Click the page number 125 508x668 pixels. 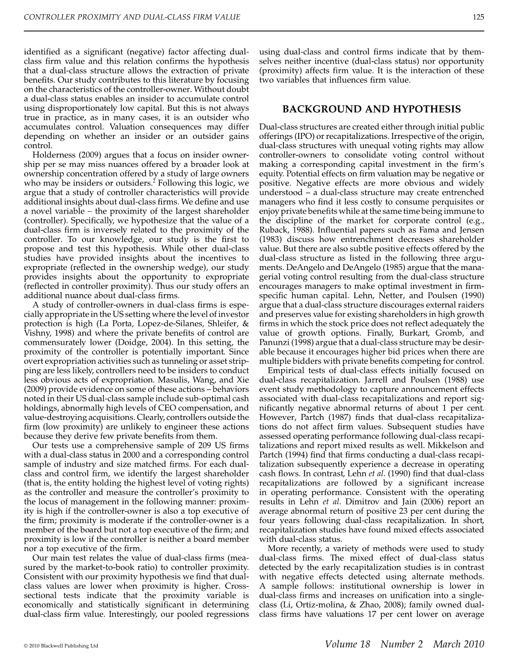coord(478,17)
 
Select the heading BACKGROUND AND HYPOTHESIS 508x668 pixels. coord(371,109)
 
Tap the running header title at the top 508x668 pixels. coord(132,17)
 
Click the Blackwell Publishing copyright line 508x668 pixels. coord(61,646)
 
